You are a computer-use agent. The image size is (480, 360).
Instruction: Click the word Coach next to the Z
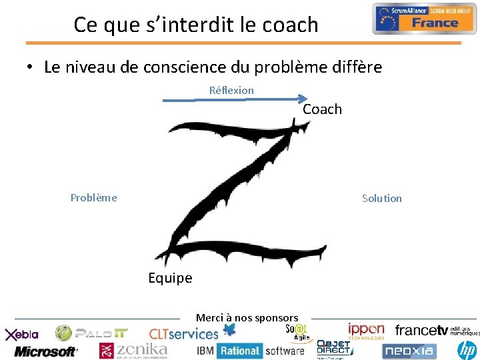coord(322,109)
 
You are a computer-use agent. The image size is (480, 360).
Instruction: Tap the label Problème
coord(94,197)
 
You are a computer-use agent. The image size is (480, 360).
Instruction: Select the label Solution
coord(381,198)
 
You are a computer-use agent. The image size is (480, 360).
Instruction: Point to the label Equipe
coord(170,278)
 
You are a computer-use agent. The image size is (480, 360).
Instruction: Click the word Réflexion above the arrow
coord(231,90)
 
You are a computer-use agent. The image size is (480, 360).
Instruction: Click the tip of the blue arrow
coord(309,100)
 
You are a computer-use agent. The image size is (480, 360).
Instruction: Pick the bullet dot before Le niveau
coord(31,68)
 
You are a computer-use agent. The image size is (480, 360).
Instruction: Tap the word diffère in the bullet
coord(358,67)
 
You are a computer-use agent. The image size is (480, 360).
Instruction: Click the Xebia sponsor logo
coord(23,334)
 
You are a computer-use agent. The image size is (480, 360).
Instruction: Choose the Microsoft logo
coord(45,351)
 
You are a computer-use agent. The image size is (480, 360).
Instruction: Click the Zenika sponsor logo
coord(133,350)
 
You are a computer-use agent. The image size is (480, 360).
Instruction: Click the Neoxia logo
coord(409,350)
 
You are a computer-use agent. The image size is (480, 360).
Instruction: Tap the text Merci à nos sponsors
coord(247,318)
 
